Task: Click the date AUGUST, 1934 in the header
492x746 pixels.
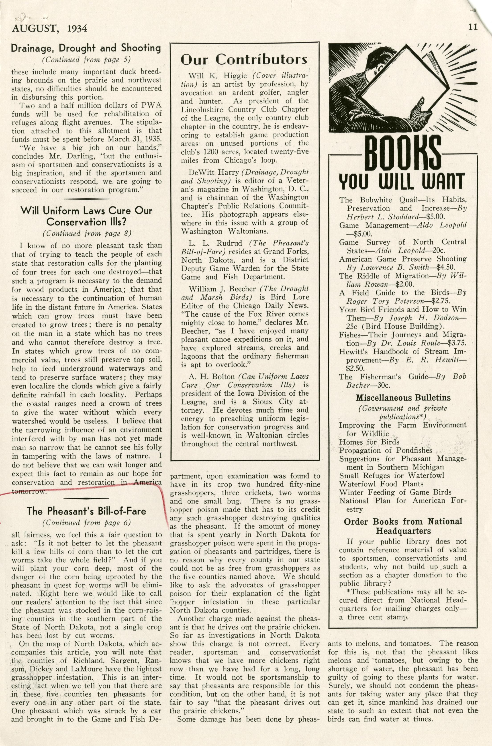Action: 49,29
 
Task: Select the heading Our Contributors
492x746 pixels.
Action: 244,59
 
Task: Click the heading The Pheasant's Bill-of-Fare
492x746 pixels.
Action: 86,511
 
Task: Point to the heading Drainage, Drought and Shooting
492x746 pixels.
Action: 86,48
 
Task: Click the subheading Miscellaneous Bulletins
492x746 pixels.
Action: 403,398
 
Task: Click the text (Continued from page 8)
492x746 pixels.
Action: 87,233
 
